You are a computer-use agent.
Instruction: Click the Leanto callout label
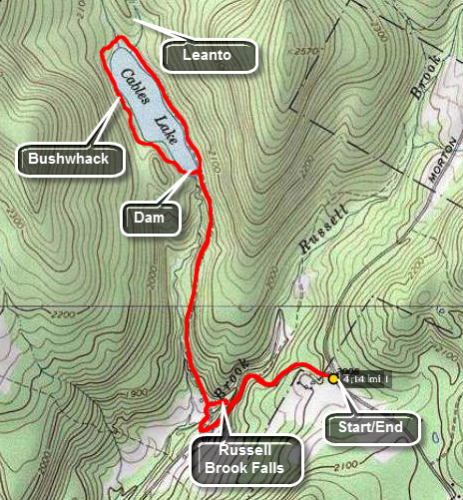click(208, 56)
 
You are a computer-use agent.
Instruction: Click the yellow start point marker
click(333, 378)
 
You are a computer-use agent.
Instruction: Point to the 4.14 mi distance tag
click(364, 378)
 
